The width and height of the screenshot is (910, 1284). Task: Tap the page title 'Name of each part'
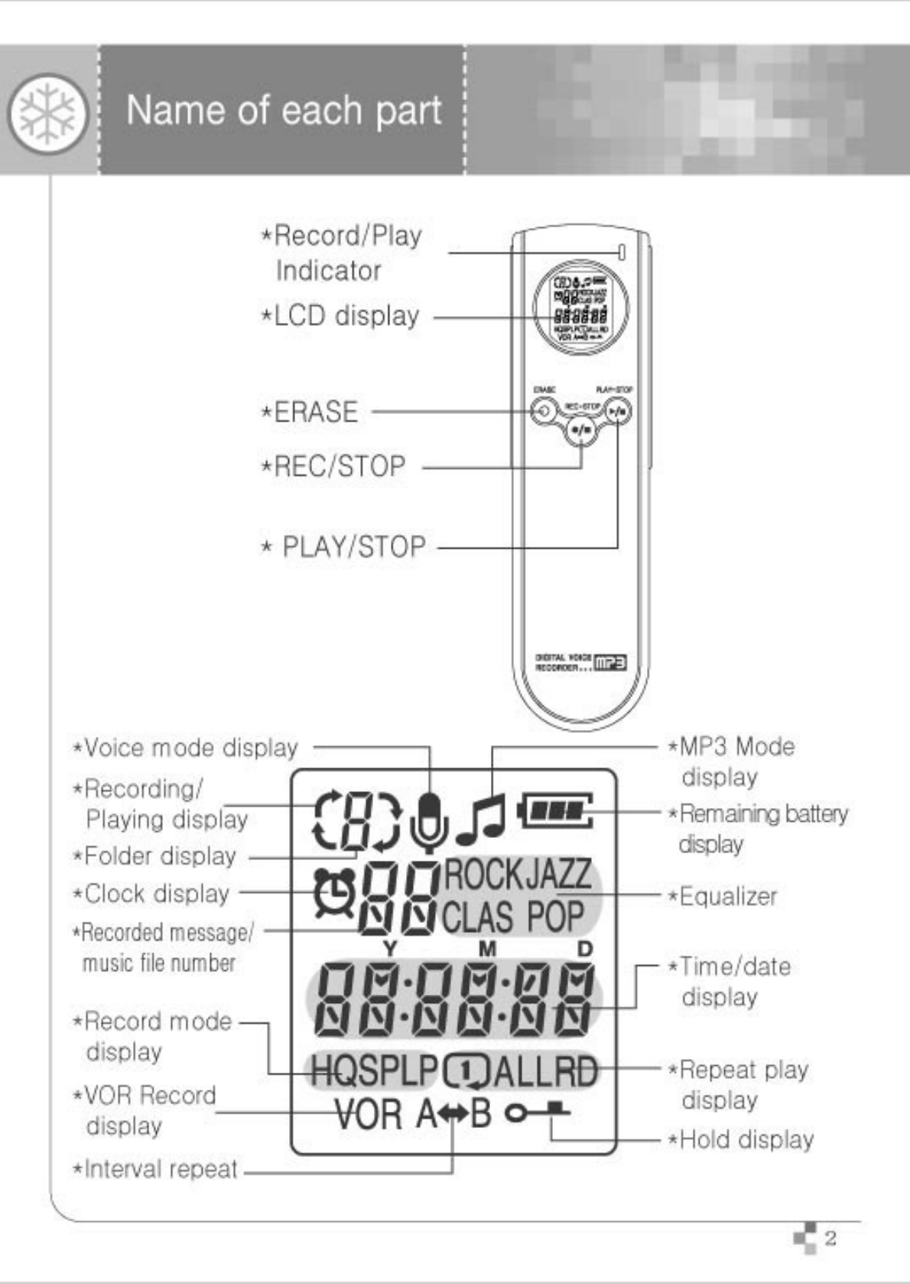pos(284,111)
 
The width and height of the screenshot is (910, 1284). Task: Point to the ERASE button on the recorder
pos(543,411)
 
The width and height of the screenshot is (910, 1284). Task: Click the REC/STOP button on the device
pos(581,430)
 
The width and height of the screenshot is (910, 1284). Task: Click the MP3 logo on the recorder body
pos(610,663)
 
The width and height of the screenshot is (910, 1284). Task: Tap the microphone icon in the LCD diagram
pos(429,822)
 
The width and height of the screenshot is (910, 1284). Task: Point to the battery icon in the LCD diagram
pos(555,810)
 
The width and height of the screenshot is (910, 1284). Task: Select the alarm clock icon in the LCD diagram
pos(335,893)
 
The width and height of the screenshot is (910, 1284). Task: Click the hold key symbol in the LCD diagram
pos(537,1112)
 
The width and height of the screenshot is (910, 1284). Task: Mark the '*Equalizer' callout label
pos(723,896)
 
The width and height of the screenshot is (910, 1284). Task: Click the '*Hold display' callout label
pos(740,1139)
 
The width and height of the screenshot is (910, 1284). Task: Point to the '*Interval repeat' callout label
pos(155,1169)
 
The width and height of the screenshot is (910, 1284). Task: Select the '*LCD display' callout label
pos(341,316)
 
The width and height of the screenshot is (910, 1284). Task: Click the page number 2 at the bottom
pos(830,1238)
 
